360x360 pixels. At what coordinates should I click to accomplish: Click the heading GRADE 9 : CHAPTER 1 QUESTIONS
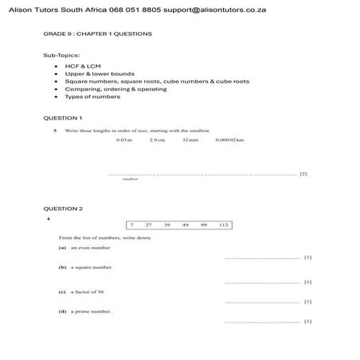click(x=98, y=34)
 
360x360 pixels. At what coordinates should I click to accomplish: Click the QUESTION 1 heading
click(x=63, y=117)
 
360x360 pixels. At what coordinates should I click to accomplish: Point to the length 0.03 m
click(x=123, y=139)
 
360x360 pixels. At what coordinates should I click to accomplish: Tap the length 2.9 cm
click(x=157, y=139)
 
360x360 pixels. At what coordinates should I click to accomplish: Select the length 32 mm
click(x=190, y=139)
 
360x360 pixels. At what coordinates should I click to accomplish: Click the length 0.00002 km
click(x=229, y=139)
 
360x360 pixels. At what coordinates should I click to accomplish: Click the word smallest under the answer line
click(x=130, y=179)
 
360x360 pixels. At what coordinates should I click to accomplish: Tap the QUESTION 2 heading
click(x=63, y=209)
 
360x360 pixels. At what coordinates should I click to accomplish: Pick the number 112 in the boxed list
click(x=223, y=225)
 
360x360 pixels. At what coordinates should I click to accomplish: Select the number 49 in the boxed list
click(x=185, y=225)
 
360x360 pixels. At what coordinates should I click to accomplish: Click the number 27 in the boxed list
click(x=149, y=225)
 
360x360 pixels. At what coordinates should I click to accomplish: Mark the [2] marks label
click(x=303, y=174)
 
